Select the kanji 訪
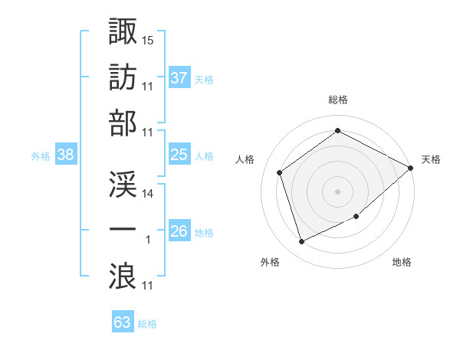123,77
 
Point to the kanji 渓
123,184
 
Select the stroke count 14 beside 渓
149,194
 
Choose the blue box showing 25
179,155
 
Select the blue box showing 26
179,231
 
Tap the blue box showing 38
65,155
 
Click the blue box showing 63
123,322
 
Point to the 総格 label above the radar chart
337,100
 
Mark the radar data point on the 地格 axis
357,217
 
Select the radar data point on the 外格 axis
301,242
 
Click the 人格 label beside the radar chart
246,159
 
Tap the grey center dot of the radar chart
337,191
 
